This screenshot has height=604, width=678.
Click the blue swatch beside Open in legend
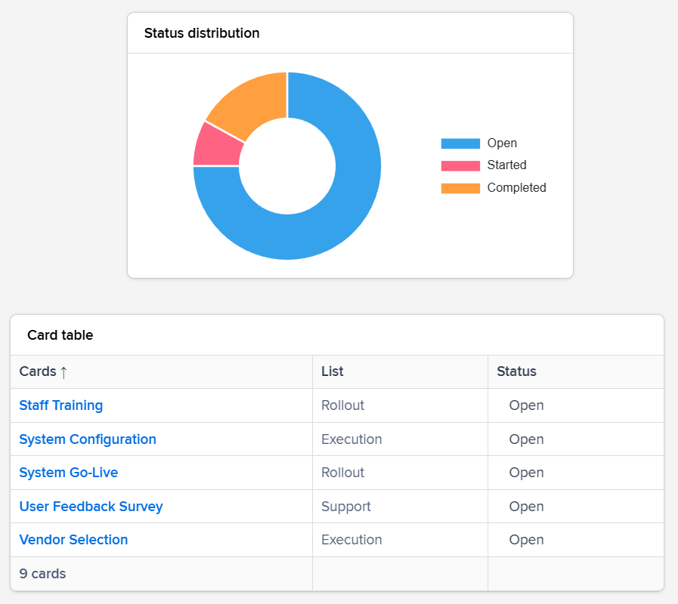click(x=460, y=143)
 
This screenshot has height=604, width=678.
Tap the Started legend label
click(x=506, y=165)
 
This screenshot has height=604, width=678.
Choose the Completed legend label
click(x=516, y=187)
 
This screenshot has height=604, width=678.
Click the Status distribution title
click(x=202, y=33)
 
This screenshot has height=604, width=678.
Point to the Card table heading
click(x=60, y=335)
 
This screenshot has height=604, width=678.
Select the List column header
click(x=333, y=371)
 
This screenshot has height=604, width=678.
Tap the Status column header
click(x=516, y=371)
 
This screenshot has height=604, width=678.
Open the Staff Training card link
click(x=61, y=405)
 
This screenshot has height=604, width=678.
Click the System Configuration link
click(x=88, y=439)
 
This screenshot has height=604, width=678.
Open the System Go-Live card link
click(x=69, y=473)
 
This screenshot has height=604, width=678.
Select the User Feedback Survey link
click(x=91, y=507)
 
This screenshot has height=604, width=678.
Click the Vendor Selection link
click(x=73, y=540)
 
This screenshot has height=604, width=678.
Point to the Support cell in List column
click(x=346, y=507)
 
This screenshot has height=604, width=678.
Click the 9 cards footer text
click(x=42, y=574)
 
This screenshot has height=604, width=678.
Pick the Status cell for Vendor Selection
click(x=526, y=540)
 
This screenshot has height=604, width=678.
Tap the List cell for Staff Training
click(x=342, y=405)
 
